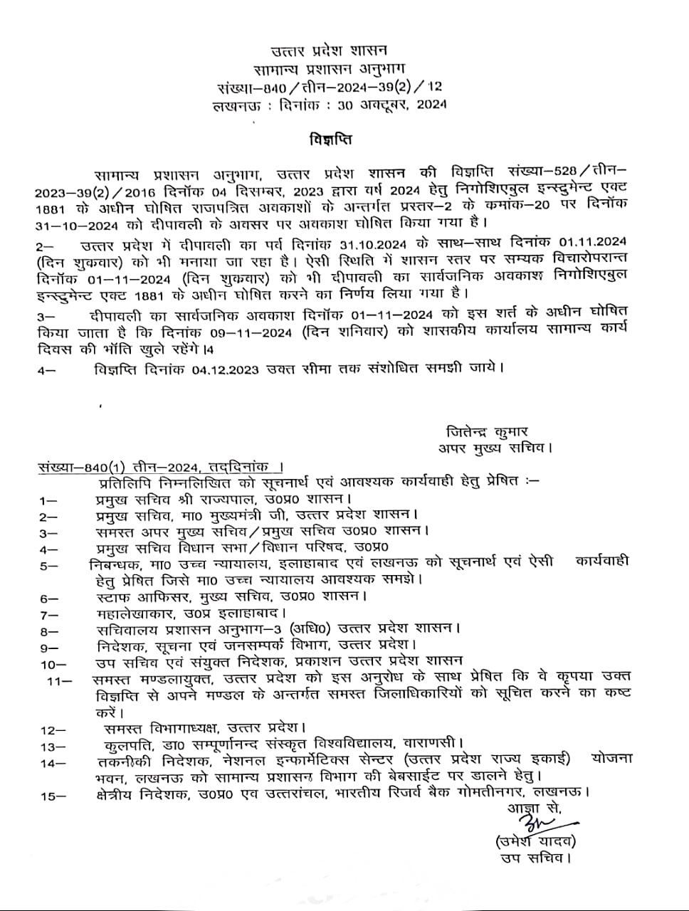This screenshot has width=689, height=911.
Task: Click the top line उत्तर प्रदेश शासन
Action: [330, 51]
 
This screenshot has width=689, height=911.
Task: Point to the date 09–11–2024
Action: [253, 332]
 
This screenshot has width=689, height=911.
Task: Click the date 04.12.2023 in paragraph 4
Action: [224, 369]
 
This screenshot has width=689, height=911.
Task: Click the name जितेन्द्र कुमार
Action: [487, 431]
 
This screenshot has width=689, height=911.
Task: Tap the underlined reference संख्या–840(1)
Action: [82, 468]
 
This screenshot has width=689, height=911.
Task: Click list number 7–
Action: [49, 614]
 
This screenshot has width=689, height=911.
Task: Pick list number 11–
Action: [60, 680]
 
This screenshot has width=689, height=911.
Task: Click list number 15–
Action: [53, 796]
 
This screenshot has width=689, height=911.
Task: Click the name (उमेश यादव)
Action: [535, 842]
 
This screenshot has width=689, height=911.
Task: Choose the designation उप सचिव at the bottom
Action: [535, 858]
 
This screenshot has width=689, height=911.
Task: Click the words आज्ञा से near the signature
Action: [534, 809]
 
